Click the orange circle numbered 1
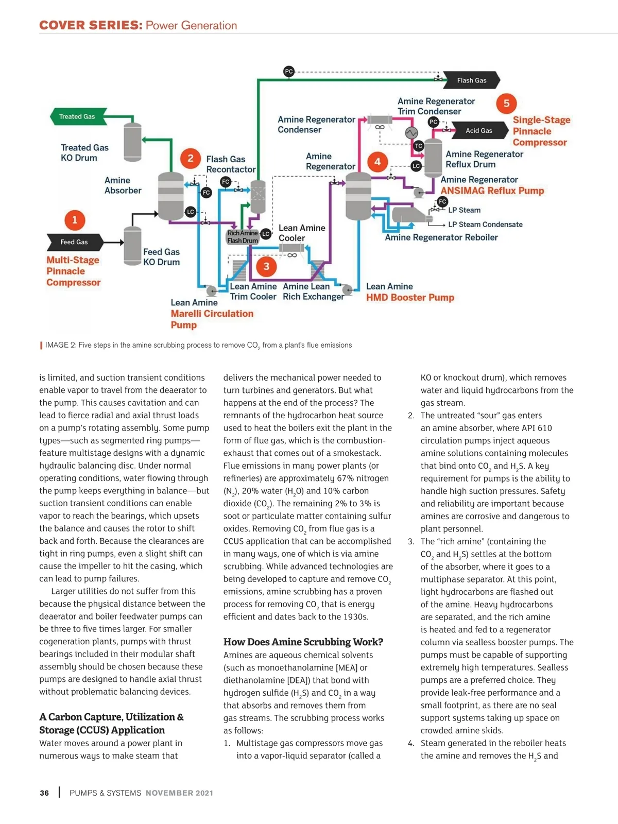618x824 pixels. [75, 220]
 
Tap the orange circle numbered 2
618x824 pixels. [191, 158]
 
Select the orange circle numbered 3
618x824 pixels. [266, 266]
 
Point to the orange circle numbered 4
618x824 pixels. [377, 162]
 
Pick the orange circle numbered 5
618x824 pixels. [506, 104]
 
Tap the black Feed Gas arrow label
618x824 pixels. [75, 242]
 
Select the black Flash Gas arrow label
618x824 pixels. [471, 80]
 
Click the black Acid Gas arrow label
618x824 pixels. [479, 131]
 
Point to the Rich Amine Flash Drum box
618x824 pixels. [243, 237]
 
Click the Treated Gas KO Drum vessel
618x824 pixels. [133, 142]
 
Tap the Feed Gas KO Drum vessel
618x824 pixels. [132, 246]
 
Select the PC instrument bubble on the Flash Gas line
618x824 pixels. [289, 72]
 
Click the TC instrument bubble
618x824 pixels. [418, 146]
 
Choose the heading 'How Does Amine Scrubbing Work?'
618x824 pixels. [303, 642]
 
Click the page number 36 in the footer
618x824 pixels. [45, 793]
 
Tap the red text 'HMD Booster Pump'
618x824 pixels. [410, 298]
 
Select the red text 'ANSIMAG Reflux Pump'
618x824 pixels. [492, 191]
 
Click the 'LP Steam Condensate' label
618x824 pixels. [485, 225]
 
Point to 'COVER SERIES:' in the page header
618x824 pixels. [91, 25]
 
